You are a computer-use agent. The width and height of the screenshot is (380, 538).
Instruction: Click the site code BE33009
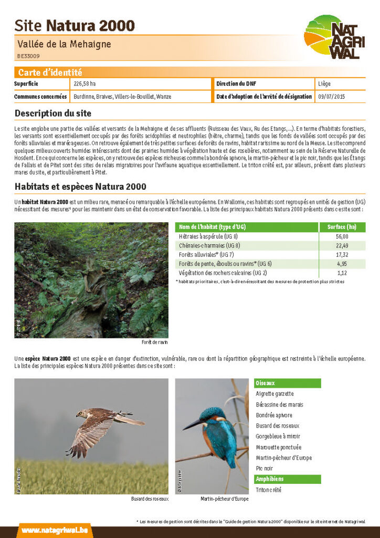pyautogui.click(x=28, y=56)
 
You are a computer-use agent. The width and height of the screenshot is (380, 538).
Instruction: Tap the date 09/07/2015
pyautogui.click(x=332, y=97)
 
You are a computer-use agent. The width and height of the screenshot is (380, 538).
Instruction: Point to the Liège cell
pyautogui.click(x=324, y=84)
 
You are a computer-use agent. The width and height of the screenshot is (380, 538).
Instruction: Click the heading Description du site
pyautogui.click(x=52, y=113)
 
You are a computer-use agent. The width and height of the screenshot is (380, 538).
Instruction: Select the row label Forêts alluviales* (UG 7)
pyautogui.click(x=206, y=255)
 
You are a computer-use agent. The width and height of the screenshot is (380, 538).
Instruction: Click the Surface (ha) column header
pyautogui.click(x=342, y=227)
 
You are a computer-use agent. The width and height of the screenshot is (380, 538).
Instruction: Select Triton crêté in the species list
pyautogui.click(x=268, y=490)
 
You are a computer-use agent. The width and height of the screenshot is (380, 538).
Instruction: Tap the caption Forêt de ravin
pyautogui.click(x=154, y=343)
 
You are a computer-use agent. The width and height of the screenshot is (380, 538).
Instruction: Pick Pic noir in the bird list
pyautogui.click(x=265, y=468)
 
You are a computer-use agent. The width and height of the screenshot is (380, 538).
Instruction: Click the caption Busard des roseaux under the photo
pyautogui.click(x=150, y=499)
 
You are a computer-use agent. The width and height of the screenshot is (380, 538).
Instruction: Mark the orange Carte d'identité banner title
pyautogui.click(x=50, y=73)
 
